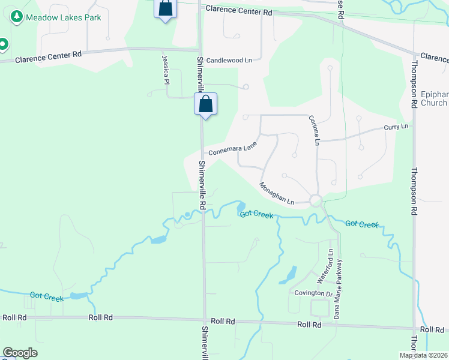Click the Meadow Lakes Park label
(64, 17)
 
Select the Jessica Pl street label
(165, 70)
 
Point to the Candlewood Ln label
(229, 61)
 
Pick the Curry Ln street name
(396, 127)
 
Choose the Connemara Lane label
(233, 148)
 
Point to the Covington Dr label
(313, 293)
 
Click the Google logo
(20, 353)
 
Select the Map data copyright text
(423, 355)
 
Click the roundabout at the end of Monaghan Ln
(316, 201)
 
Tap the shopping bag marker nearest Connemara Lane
(205, 104)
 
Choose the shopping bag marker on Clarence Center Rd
(165, 8)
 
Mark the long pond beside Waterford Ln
(288, 275)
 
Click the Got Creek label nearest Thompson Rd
(362, 224)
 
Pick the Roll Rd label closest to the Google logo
(14, 317)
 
